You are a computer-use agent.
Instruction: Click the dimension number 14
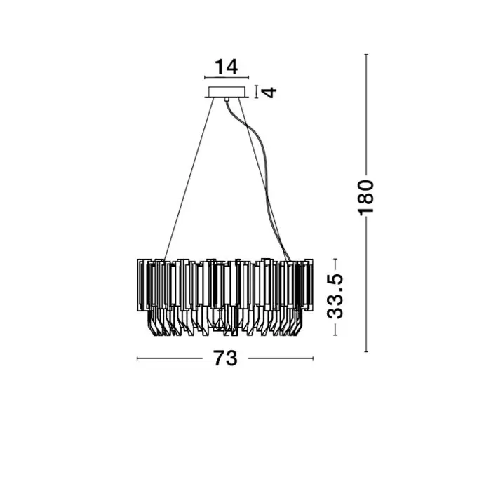click(x=226, y=67)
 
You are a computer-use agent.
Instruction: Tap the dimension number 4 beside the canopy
click(x=269, y=92)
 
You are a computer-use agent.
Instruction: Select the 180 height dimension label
click(x=365, y=198)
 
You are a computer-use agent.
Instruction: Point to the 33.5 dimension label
click(x=335, y=296)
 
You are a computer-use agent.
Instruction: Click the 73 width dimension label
click(x=225, y=358)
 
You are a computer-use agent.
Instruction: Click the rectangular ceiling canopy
click(x=227, y=92)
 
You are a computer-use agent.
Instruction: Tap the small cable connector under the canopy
click(x=227, y=100)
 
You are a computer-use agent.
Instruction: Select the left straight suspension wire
click(x=189, y=179)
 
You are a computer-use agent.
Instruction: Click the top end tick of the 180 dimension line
click(x=366, y=55)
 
